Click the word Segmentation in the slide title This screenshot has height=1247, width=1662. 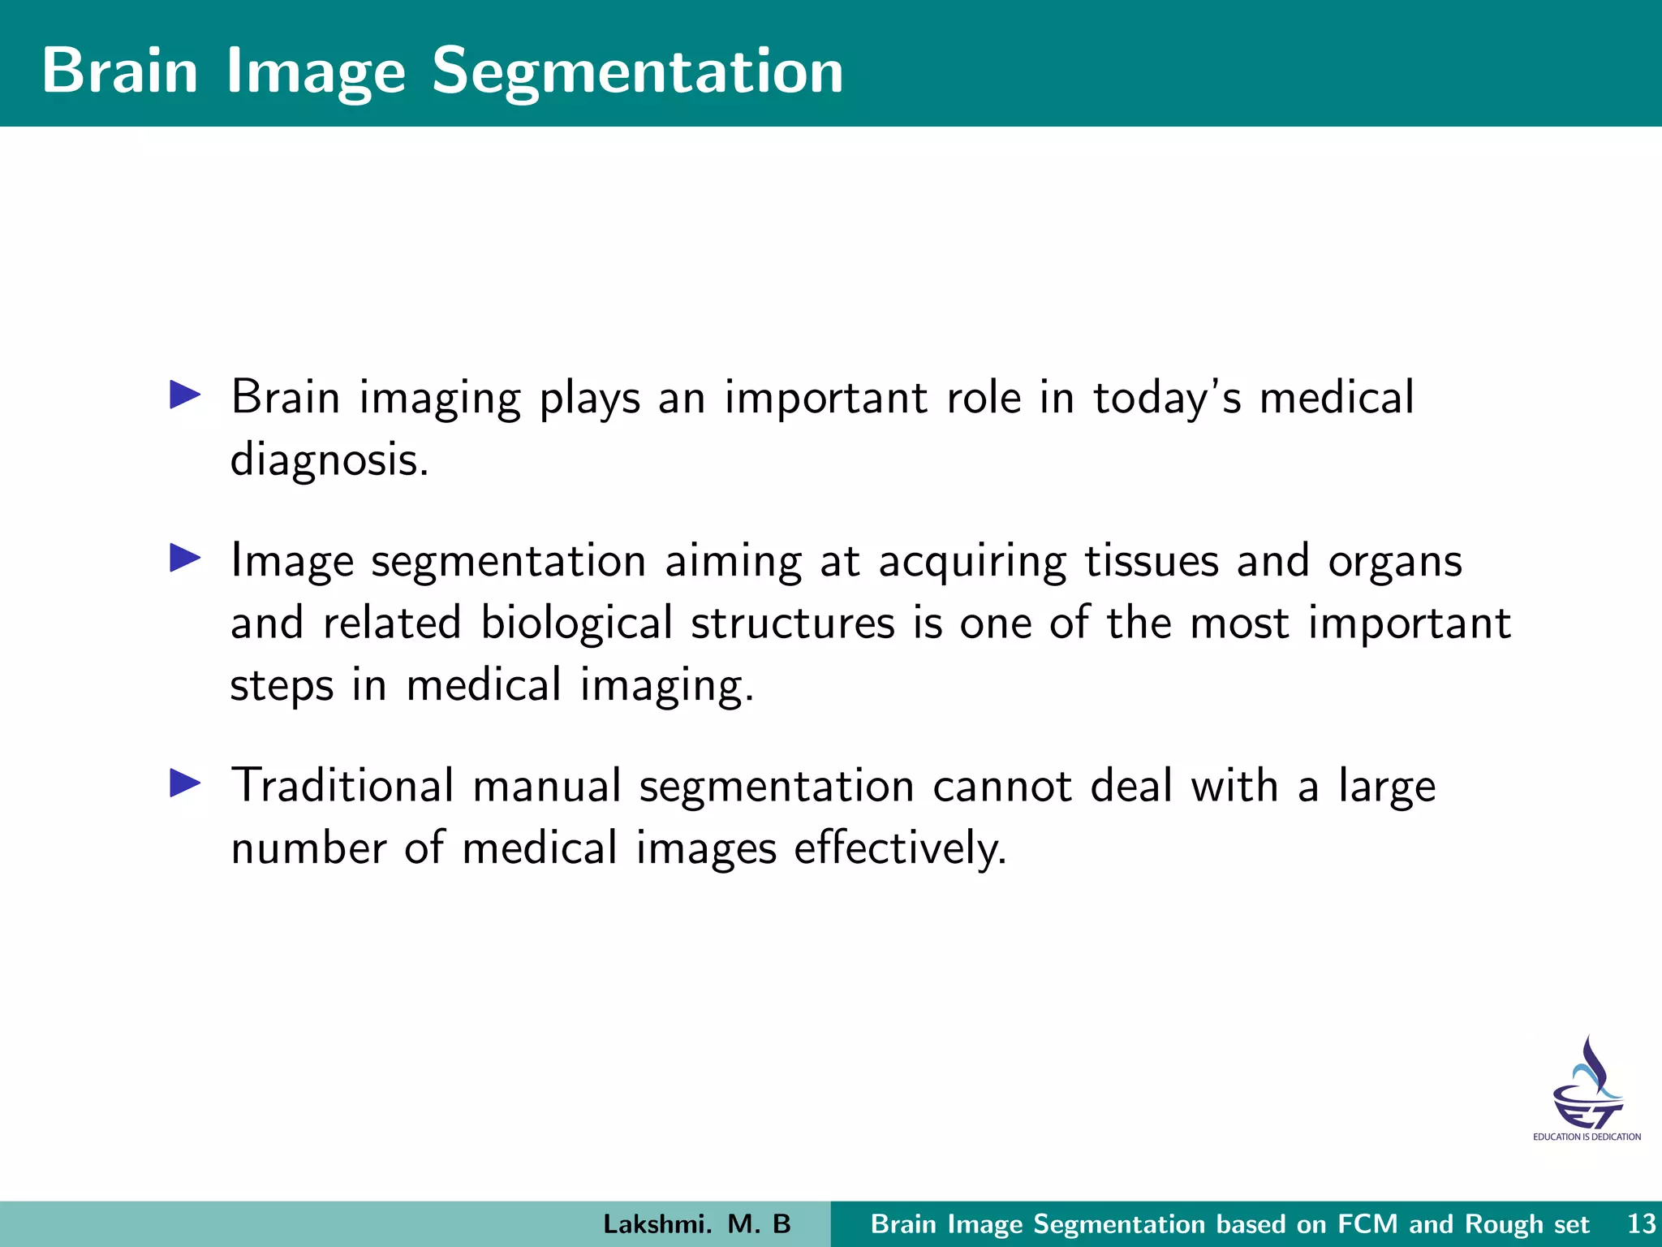[637, 71]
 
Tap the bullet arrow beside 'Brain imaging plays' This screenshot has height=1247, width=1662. [185, 395]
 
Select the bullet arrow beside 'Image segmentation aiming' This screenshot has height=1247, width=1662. [185, 559]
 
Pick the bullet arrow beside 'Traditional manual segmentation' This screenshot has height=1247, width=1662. [185, 783]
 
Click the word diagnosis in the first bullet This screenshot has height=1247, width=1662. [329, 460]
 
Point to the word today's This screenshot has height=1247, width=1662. [1167, 398]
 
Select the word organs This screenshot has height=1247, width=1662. [1395, 563]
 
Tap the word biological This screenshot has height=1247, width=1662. [576, 623]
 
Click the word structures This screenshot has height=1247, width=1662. [793, 623]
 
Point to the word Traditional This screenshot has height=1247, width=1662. [342, 786]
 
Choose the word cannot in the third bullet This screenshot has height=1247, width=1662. [1001, 786]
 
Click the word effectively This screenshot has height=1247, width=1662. [900, 848]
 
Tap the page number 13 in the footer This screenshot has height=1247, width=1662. [1641, 1223]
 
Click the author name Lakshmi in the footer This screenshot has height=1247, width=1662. [657, 1224]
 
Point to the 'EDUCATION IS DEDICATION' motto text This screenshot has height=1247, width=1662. [1587, 1137]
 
